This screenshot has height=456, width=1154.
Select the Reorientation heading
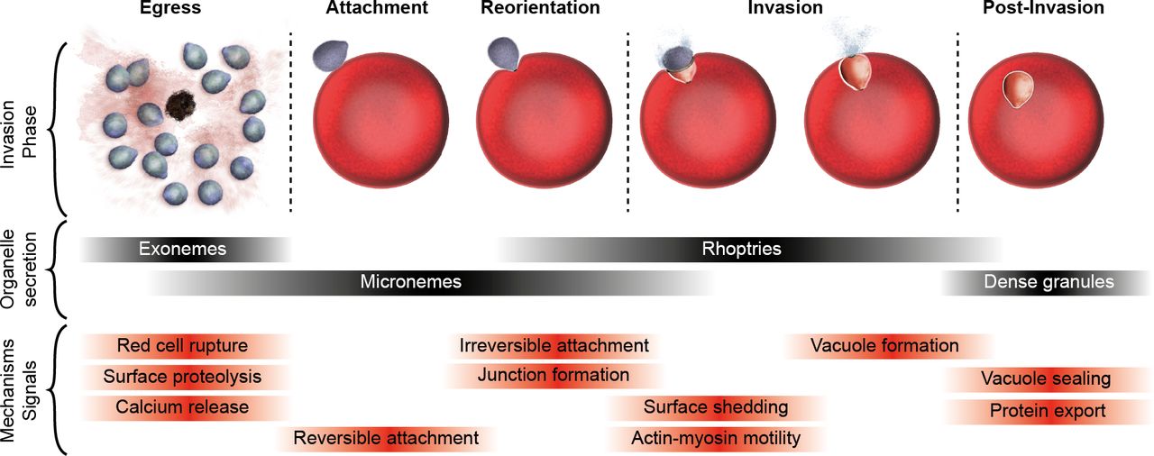tap(540, 9)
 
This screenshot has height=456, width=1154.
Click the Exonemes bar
tap(183, 249)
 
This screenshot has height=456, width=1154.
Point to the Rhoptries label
tap(741, 249)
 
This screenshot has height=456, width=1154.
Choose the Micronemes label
tap(411, 282)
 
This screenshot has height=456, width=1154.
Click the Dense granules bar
tap(1049, 282)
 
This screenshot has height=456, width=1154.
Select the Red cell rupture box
tap(183, 346)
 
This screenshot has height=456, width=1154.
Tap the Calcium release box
tap(183, 407)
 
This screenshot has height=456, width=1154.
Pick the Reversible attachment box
tap(386, 439)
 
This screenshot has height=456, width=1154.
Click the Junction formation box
tap(554, 376)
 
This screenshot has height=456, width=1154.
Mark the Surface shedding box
tap(716, 407)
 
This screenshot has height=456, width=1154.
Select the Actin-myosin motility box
tap(716, 439)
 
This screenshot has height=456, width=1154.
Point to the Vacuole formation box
tap(884, 346)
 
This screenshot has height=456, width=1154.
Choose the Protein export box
tap(1048, 411)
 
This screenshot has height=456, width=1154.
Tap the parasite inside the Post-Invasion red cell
tap(1021, 88)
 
